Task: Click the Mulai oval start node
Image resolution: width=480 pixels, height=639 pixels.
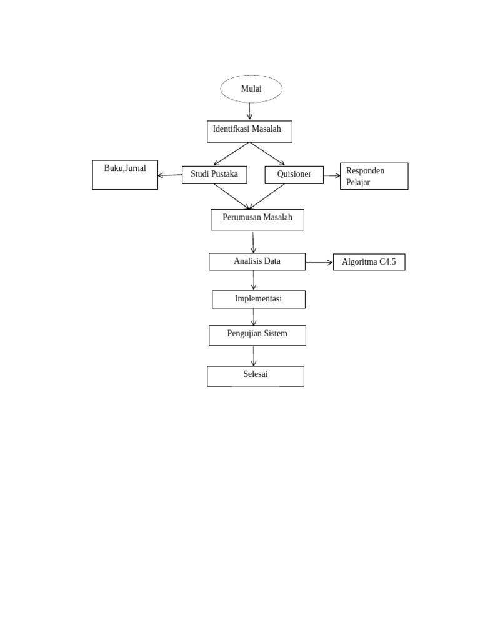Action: tap(251, 89)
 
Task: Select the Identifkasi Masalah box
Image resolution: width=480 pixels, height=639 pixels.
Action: tap(249, 131)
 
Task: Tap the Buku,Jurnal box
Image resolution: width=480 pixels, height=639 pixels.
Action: tap(125, 175)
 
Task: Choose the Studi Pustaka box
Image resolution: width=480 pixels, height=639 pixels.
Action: tap(214, 175)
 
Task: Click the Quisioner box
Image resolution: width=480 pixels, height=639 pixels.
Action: tap(294, 175)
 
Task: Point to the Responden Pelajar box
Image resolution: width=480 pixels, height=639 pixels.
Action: tap(374, 176)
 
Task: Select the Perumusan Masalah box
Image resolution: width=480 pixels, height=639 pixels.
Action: tap(257, 220)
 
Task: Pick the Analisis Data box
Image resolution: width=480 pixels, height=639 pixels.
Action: tap(257, 261)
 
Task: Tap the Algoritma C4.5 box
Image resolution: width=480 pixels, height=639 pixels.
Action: tap(369, 262)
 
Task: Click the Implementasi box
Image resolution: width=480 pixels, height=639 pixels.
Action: tap(259, 300)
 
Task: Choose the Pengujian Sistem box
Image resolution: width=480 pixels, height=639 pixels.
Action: tap(257, 335)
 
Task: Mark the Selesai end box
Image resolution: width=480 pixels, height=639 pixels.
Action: tap(256, 376)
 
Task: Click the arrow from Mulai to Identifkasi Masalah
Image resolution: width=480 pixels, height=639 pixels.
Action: tap(250, 111)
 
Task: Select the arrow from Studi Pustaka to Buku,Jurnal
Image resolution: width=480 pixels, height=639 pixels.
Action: tap(170, 175)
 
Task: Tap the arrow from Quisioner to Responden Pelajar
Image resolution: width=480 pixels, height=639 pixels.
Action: tap(332, 176)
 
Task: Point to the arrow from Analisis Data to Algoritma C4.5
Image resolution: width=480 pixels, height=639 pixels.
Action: tap(319, 263)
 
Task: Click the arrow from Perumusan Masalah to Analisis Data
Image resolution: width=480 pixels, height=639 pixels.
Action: tap(253, 242)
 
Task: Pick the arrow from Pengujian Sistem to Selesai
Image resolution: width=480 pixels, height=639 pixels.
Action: tap(254, 356)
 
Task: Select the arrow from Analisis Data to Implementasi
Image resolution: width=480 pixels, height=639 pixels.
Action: tap(253, 280)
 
